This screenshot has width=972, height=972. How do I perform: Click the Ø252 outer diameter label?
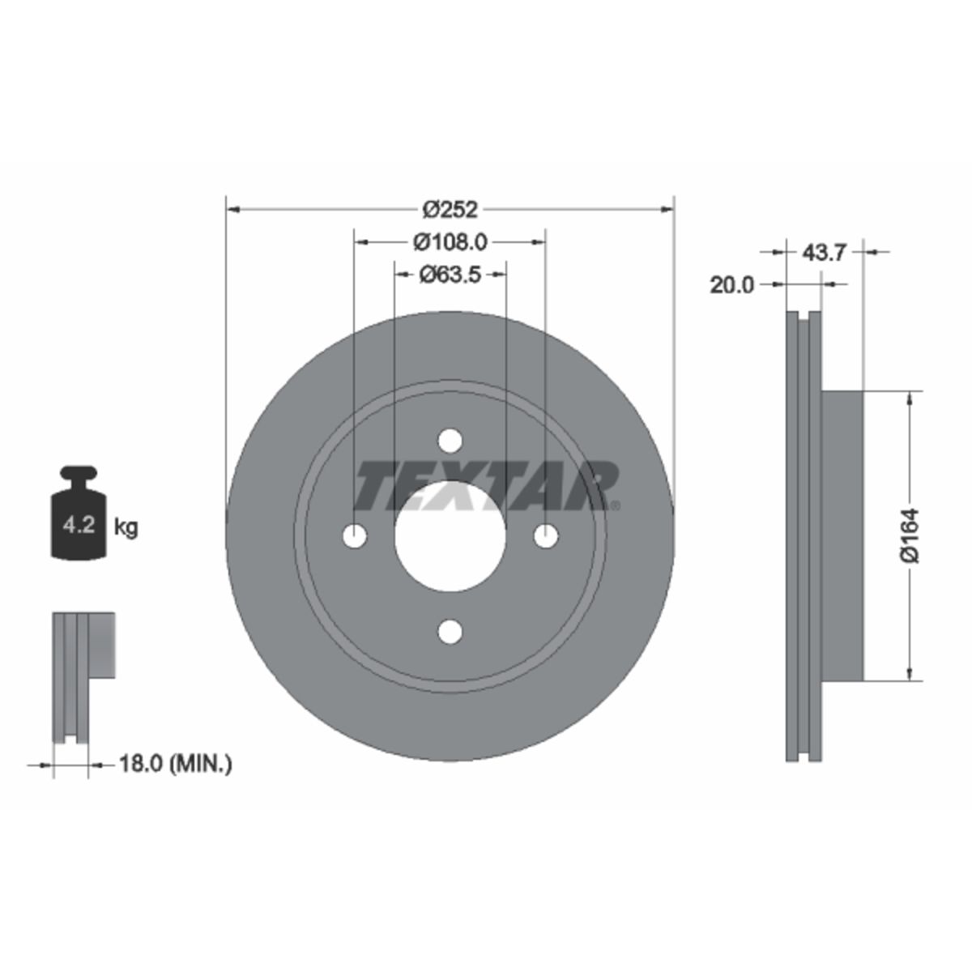point(450,209)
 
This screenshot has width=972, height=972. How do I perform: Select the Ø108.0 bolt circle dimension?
point(450,243)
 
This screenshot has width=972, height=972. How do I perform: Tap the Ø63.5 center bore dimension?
point(450,275)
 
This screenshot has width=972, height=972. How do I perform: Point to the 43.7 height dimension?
point(823,252)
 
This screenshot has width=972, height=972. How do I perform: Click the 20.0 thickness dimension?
point(732,285)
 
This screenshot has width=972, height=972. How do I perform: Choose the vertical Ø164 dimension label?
point(910,535)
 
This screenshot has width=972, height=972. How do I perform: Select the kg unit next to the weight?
point(126,528)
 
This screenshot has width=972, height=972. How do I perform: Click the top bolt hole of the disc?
point(450,441)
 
